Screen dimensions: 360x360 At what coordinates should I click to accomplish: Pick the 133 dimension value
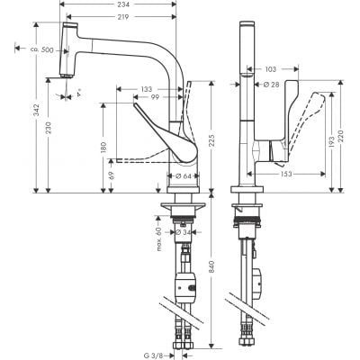[145, 88]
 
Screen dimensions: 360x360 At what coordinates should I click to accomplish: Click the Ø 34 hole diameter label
[184, 232]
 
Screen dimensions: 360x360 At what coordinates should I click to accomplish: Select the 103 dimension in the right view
[271, 68]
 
